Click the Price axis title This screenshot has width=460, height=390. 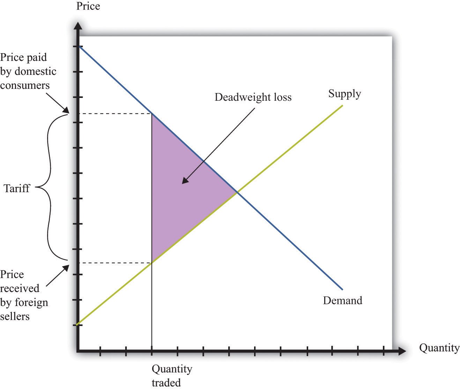tap(88, 6)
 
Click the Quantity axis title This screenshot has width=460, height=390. tap(439, 348)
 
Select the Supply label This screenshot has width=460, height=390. tap(345, 94)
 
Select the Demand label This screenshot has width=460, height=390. tap(342, 300)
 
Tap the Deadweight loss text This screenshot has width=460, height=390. tap(253, 98)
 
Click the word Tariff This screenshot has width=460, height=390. tap(17, 189)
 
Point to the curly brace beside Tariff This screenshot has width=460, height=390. tap(50, 187)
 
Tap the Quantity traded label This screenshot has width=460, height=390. tap(172, 376)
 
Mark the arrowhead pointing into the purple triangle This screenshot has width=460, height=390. tap(185, 180)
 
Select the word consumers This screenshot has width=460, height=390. tap(25, 86)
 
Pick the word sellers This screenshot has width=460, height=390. tap(15, 317)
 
